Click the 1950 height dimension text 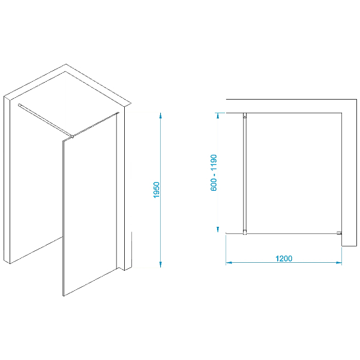coord(157,190)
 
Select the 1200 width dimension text coord(284,259)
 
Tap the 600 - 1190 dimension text coord(214,173)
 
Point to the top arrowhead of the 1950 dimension coord(161,115)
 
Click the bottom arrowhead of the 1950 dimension coord(161,265)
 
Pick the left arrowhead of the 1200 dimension coord(229,263)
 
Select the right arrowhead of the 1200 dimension coord(339,263)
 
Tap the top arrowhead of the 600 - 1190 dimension coord(218,115)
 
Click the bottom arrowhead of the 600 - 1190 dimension coord(218,229)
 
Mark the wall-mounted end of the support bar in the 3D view coord(19,105)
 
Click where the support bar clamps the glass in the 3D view coord(72,137)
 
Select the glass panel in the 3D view coord(90,205)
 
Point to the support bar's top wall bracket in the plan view coord(245,115)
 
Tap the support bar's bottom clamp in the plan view coord(245,232)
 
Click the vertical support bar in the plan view coord(245,174)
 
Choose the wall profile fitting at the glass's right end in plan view coord(340,233)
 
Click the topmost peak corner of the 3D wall coord(66,64)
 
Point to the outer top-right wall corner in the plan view coord(357,100)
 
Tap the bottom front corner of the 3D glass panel coord(64,296)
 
